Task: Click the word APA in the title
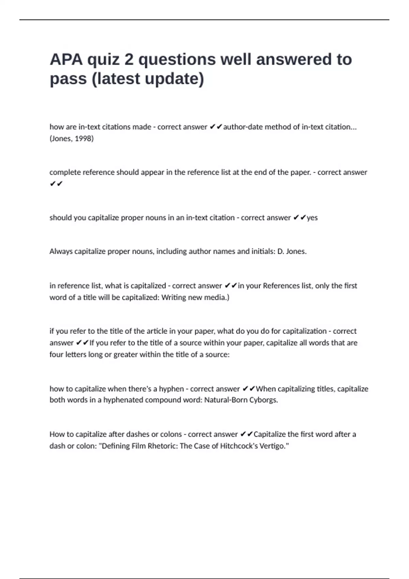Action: (66, 59)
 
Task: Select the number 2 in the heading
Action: (129, 59)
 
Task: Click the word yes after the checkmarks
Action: (312, 218)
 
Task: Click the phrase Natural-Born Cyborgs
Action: (241, 400)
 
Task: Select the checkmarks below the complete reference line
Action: (56, 184)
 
